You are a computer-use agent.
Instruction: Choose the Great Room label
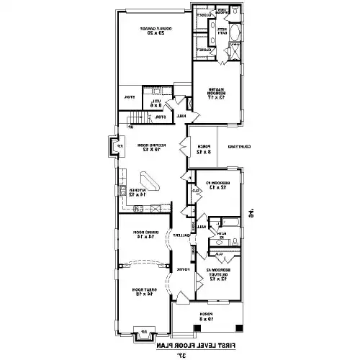coord(146,290)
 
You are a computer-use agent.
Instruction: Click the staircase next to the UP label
coord(133,120)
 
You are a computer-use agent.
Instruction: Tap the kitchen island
coord(149,179)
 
